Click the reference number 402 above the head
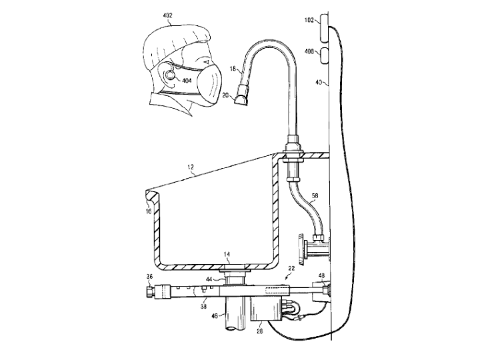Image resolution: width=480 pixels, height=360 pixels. pos(168,15)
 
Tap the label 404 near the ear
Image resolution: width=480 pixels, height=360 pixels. pos(187,81)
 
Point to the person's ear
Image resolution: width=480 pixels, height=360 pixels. pos(169,73)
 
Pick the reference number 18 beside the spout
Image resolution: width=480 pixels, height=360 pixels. pos(233,69)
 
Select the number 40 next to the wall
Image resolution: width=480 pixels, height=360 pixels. pos(319,82)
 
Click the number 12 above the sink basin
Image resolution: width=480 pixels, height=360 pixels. pos(191,167)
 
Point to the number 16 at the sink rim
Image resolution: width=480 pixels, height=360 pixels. pos(149,211)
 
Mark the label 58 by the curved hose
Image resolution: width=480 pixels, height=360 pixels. pos(315,195)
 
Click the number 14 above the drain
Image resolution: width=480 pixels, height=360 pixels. pos(227,254)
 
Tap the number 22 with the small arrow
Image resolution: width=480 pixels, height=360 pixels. pos(291,269)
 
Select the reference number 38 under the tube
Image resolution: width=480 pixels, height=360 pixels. pos(203,306)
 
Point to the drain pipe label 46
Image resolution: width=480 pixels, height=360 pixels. pos(215,315)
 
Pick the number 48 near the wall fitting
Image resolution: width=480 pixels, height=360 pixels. pos(322,276)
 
